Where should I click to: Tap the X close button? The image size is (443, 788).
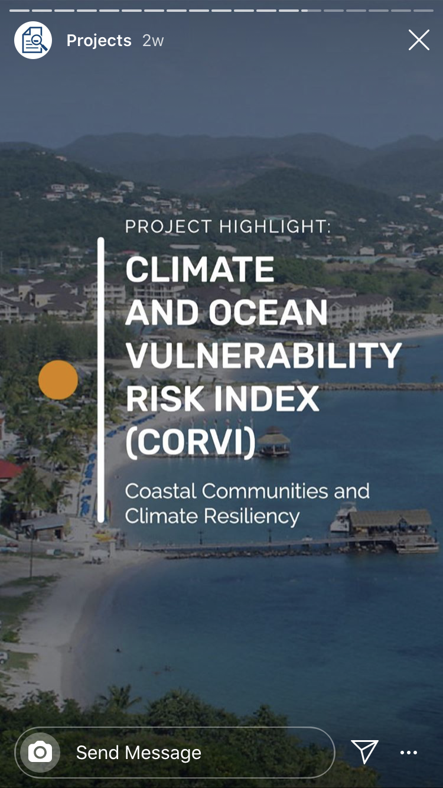click(419, 40)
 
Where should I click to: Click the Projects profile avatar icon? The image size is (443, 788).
click(33, 40)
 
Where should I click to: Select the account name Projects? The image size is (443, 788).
click(99, 41)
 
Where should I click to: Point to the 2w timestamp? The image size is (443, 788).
click(153, 41)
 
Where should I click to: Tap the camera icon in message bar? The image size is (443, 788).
click(40, 753)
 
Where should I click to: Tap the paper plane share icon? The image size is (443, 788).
click(364, 752)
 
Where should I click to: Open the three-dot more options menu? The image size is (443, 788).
click(409, 753)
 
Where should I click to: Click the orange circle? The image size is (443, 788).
click(58, 380)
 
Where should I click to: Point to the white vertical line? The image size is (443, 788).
click(101, 380)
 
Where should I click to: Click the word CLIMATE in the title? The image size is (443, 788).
click(200, 269)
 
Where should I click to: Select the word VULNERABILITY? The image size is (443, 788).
click(264, 355)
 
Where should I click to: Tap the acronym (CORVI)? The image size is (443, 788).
click(191, 442)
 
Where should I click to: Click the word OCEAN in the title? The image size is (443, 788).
click(268, 312)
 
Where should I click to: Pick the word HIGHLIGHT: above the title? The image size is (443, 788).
click(275, 227)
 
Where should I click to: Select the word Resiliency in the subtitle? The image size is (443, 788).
click(252, 516)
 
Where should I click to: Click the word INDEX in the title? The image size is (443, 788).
click(267, 399)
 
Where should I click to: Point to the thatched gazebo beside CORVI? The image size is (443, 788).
click(274, 441)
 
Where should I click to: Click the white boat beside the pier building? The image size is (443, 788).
click(342, 517)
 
